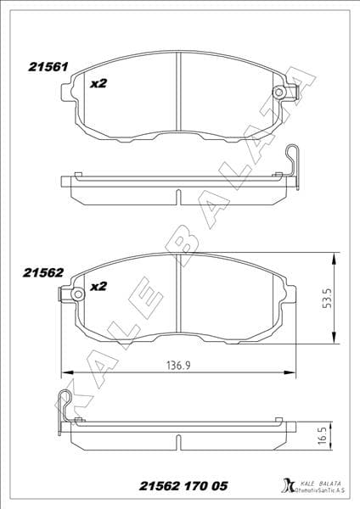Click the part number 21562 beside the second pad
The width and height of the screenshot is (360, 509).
click(x=44, y=272)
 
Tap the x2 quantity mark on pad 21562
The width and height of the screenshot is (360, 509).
click(x=98, y=286)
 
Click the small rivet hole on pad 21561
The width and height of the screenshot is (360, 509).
click(x=278, y=93)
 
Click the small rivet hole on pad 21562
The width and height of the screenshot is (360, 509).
click(x=78, y=294)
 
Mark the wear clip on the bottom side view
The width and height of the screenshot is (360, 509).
click(x=66, y=404)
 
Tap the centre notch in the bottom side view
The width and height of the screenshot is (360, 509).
click(x=177, y=441)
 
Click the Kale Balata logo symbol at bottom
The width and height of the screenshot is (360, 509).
click(x=286, y=486)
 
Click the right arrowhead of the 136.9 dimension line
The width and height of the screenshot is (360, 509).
click(x=293, y=373)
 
